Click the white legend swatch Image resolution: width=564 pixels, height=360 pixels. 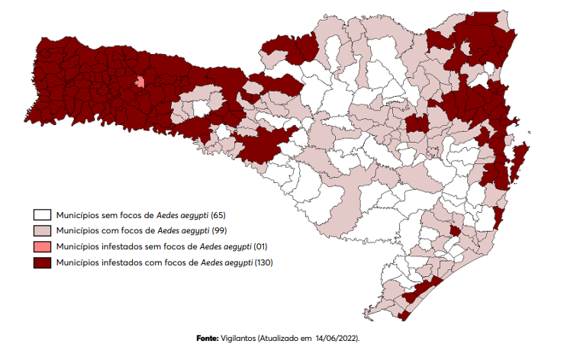[x=41, y=216]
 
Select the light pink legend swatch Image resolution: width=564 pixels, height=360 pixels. [x=41, y=231]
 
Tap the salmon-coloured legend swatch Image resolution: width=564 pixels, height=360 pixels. [x=41, y=247]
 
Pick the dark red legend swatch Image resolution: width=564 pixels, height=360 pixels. [x=41, y=262]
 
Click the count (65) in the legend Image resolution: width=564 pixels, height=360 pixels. [x=219, y=216]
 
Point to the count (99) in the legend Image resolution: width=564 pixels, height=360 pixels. [x=219, y=231]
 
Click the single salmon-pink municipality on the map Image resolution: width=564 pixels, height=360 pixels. [x=140, y=82]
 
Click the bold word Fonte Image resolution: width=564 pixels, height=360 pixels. [x=206, y=336]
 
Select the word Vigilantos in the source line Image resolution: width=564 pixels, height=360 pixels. [x=238, y=336]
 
